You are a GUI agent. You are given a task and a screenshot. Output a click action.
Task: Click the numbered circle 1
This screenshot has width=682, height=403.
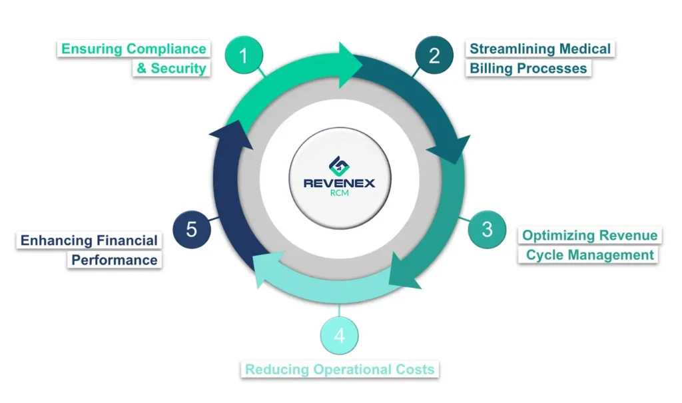[243, 56]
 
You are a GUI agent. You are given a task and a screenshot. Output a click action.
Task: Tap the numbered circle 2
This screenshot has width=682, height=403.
[434, 56]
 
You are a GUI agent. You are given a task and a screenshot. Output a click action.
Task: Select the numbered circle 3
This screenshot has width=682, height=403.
[487, 229]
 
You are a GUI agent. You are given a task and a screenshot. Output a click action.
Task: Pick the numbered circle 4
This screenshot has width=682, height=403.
[339, 335]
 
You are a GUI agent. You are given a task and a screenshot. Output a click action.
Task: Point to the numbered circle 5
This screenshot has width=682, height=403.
[192, 230]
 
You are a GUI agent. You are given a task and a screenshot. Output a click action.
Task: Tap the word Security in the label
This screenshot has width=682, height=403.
[178, 68]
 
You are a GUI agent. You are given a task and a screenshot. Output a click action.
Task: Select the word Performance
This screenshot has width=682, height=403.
[115, 260]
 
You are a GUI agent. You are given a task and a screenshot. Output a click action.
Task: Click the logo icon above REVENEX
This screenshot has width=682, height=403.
[339, 164]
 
